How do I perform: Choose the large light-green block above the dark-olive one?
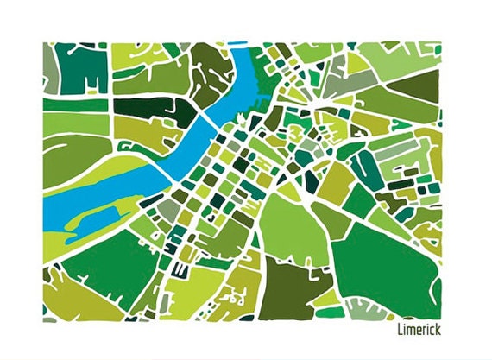pyautogui.click(x=289, y=229)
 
